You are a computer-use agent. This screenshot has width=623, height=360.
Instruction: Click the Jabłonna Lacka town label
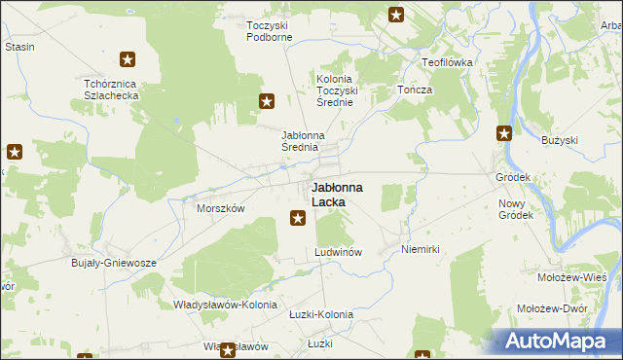337,194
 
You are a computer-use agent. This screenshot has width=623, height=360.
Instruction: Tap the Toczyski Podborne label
269,31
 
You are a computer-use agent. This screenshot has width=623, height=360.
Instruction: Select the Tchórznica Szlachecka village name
113,90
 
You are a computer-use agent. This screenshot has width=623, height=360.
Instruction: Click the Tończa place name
415,90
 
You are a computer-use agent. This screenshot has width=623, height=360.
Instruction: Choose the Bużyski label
560,140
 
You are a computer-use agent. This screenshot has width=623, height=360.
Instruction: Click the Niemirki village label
421,250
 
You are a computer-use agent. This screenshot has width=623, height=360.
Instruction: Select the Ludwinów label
339,252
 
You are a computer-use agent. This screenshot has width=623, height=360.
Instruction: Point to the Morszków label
220,208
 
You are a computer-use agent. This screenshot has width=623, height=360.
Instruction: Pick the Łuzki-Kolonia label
321,314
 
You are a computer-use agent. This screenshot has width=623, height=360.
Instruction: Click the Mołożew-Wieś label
571,277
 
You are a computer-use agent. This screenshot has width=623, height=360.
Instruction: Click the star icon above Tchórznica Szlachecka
127,60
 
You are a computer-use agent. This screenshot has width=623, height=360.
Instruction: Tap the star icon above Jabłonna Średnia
267,100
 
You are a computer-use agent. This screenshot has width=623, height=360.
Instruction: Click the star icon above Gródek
504,134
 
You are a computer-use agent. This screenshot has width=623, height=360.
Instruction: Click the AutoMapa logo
554,341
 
